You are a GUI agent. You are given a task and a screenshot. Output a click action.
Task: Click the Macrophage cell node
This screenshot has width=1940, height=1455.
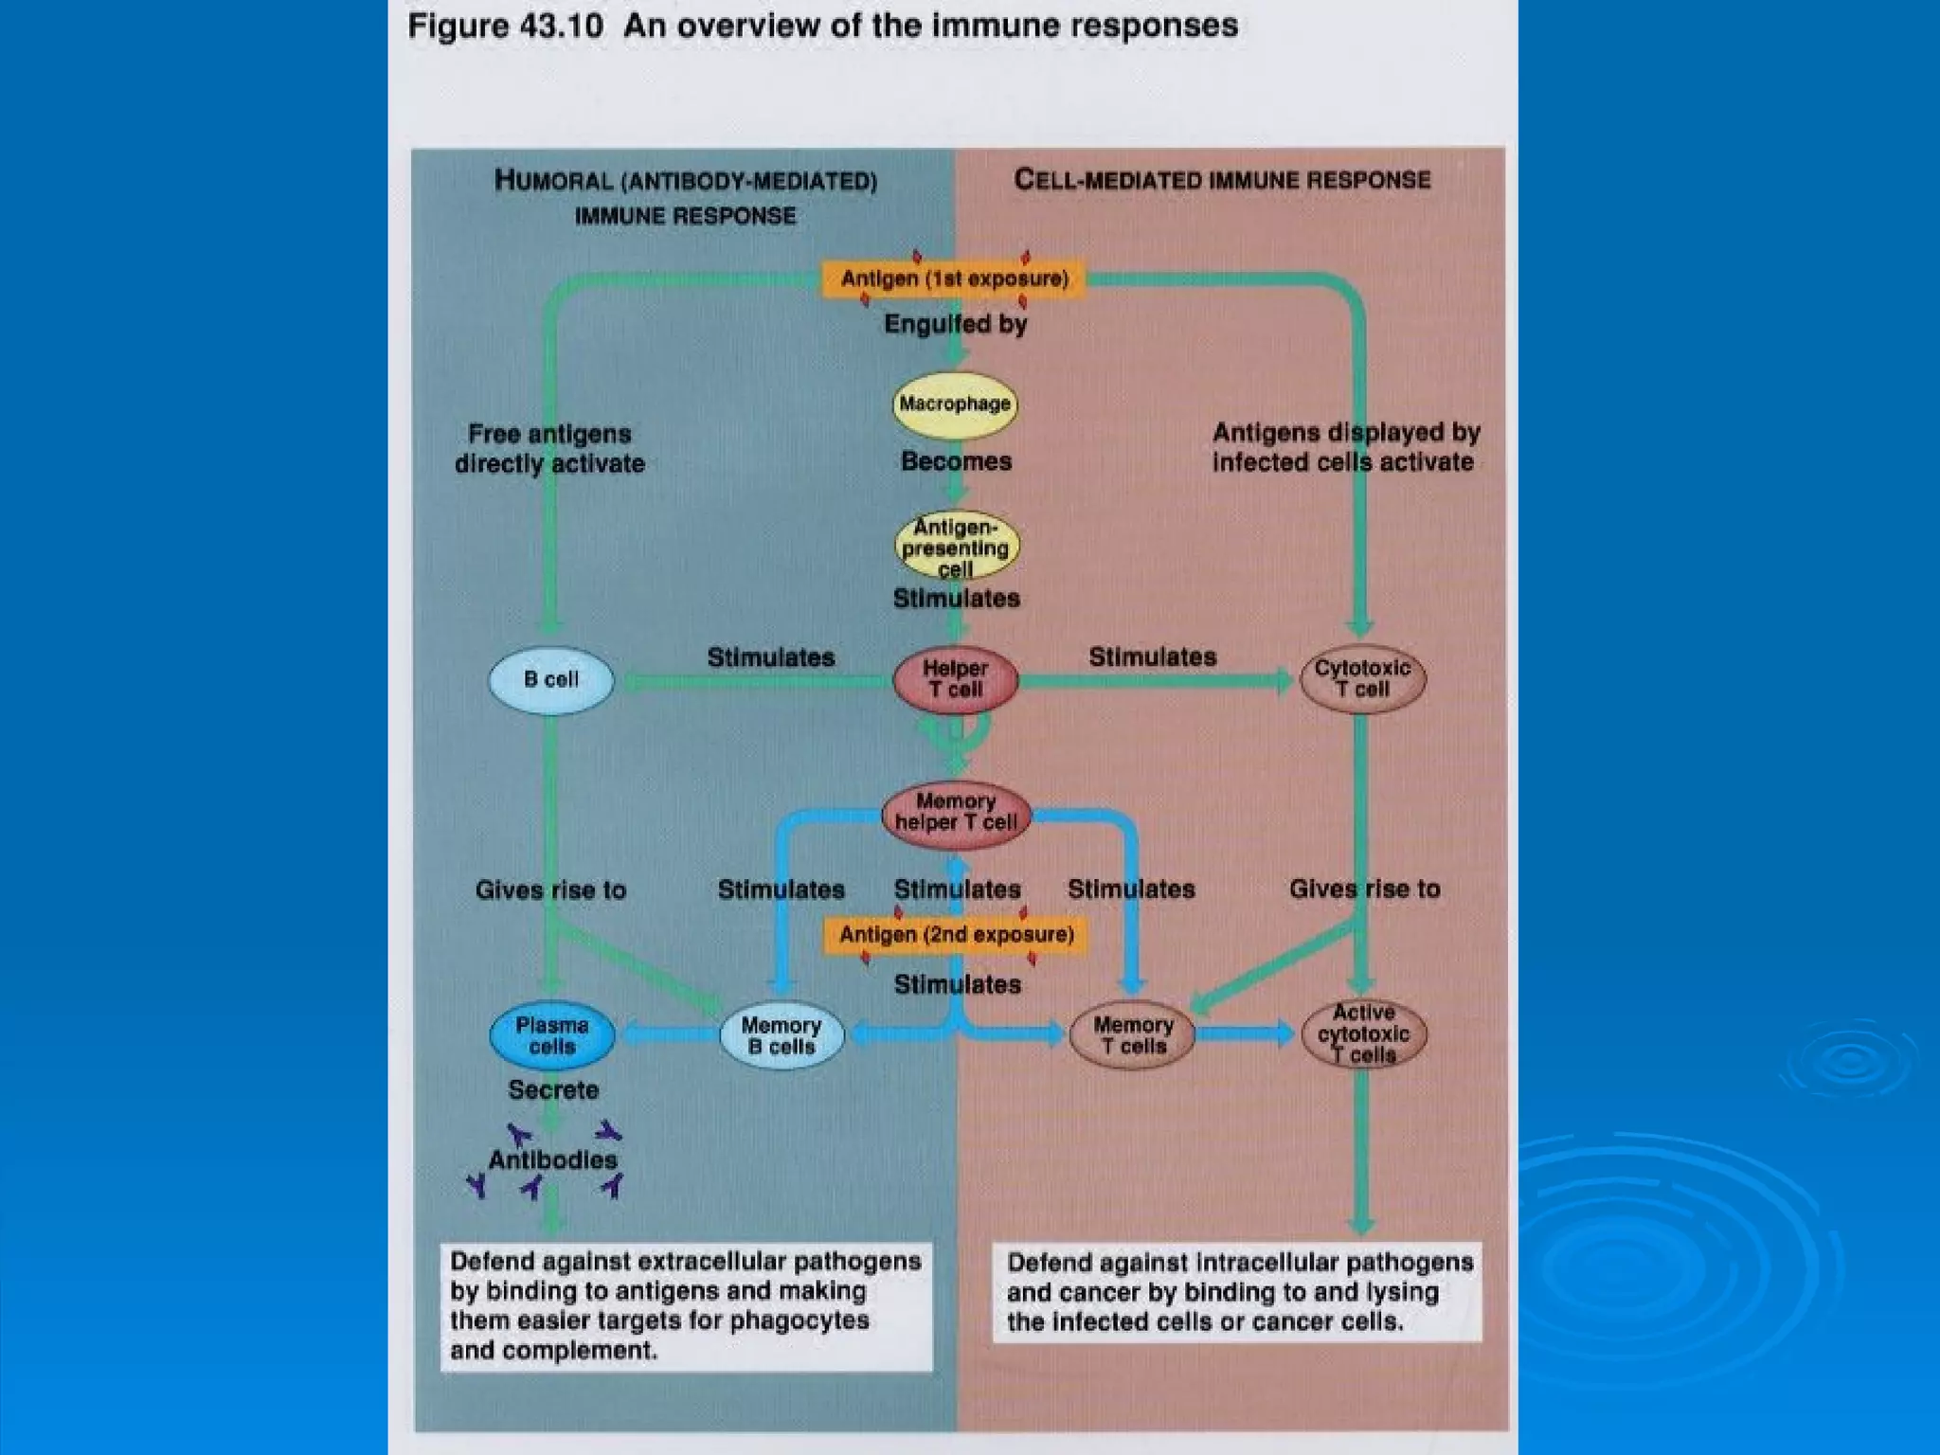[955, 404]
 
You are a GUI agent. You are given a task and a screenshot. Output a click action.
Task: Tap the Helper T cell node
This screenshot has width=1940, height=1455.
[955, 679]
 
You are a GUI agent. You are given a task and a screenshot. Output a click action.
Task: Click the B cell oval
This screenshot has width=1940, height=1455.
[550, 679]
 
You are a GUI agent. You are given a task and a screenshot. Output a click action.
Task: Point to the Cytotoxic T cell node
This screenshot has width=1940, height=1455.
[1361, 679]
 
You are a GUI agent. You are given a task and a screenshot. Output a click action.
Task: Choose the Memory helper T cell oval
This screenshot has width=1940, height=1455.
[955, 813]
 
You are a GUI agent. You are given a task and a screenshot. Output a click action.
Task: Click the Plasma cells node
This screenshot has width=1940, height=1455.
[551, 1035]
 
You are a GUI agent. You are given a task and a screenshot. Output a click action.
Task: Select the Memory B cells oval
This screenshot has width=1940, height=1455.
[781, 1035]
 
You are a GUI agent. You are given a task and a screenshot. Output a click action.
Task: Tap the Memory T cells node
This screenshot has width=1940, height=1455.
[1132, 1035]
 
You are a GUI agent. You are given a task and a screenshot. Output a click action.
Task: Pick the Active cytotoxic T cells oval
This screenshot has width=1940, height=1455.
[1363, 1034]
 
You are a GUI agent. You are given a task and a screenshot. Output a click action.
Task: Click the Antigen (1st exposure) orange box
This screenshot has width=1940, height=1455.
[954, 278]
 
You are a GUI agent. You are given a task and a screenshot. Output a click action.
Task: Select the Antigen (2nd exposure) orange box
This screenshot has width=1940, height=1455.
[956, 935]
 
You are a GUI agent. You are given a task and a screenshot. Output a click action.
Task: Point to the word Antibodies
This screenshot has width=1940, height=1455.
[552, 1159]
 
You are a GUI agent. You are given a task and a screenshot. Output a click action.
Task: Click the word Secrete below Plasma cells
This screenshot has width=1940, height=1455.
[553, 1090]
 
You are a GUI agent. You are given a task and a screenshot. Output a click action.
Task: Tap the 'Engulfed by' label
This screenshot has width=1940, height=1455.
[955, 325]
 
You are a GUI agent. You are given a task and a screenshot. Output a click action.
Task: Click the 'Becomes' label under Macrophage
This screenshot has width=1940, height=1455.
[956, 461]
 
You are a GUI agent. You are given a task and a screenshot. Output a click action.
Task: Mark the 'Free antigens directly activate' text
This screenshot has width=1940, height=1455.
[549, 449]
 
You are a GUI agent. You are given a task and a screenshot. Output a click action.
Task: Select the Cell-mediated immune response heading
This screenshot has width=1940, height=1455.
[1222, 180]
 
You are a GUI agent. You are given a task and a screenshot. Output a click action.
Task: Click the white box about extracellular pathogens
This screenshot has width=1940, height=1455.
[686, 1305]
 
